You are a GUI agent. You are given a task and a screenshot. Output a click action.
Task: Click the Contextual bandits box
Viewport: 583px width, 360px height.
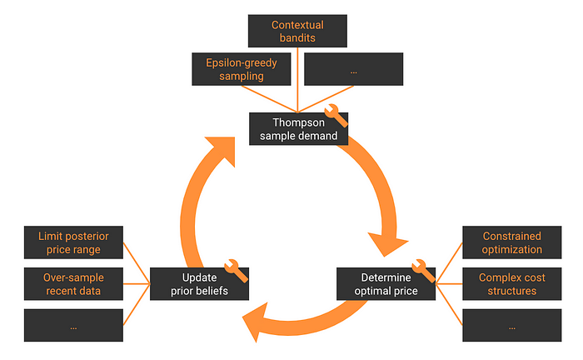click(297, 31)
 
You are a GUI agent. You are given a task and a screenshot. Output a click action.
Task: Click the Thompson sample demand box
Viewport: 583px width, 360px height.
click(297, 129)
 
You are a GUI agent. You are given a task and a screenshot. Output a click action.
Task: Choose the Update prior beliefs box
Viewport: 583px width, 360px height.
click(201, 284)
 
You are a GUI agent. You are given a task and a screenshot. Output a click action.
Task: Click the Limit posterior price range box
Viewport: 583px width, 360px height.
click(73, 243)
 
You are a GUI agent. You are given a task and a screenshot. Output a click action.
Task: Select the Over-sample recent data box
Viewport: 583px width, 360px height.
click(73, 284)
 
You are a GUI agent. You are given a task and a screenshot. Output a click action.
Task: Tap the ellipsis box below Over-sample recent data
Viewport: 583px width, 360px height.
click(73, 326)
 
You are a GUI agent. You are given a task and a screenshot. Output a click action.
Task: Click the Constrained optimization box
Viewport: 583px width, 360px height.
click(511, 243)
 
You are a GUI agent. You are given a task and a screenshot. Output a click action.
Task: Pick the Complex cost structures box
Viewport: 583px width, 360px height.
click(511, 284)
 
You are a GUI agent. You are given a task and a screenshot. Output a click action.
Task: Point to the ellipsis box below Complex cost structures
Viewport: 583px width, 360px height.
click(511, 326)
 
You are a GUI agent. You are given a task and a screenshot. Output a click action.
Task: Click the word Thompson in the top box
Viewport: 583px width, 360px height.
click(296, 122)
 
